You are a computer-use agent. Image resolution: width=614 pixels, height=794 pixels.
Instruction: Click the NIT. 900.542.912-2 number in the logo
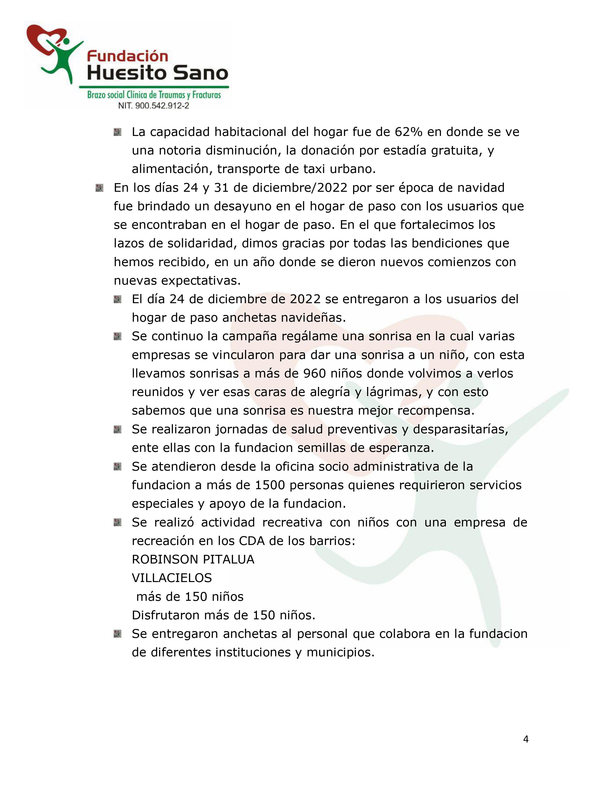pos(154,106)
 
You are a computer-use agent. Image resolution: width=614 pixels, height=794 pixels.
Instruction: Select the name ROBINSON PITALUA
pos(193,559)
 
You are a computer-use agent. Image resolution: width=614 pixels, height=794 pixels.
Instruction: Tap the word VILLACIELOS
pos(172,578)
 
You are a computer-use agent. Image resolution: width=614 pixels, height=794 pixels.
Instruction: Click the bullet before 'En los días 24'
pos(99,188)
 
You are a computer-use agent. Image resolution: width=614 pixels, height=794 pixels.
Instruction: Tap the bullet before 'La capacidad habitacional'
pos(118,132)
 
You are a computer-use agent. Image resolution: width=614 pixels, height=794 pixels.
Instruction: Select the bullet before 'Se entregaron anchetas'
pos(118,634)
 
